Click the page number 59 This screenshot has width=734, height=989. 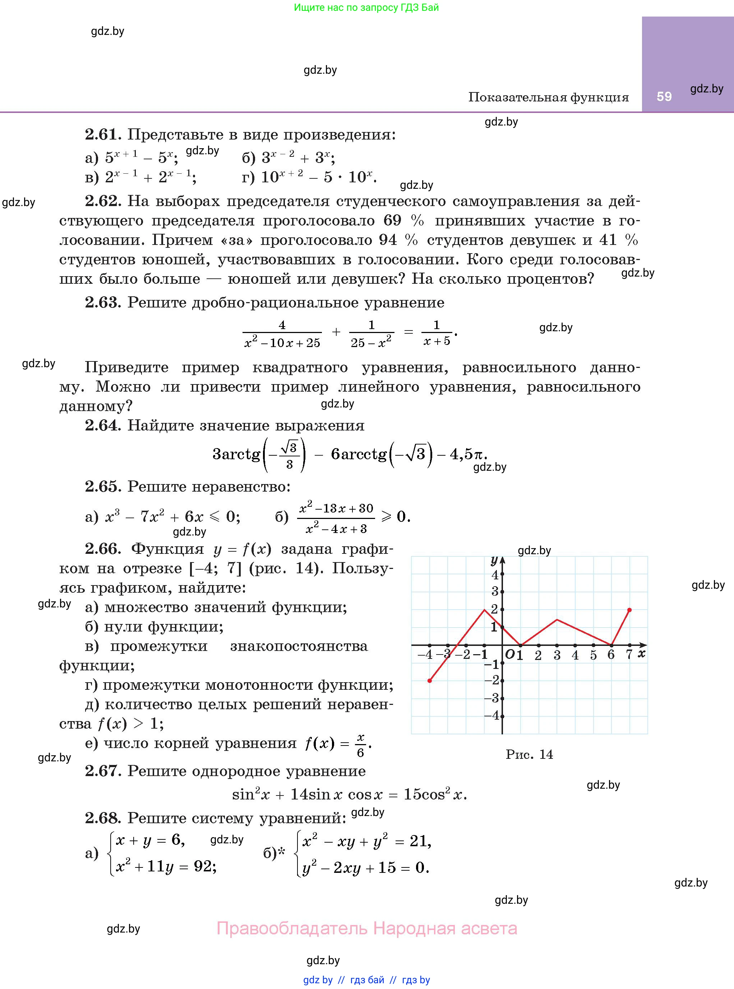coord(664,96)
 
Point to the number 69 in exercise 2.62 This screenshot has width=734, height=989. coord(392,220)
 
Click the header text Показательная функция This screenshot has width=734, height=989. coord(548,97)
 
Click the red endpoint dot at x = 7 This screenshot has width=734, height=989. coord(629,610)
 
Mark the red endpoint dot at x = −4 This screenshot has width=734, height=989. coord(430,681)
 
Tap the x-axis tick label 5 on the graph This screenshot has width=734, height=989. coord(593,655)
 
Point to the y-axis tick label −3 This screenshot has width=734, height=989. coord(492,698)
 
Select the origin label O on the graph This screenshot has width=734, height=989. coord(509,654)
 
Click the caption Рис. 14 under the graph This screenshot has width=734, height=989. coord(529,755)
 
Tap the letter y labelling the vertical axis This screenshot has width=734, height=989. coord(494,560)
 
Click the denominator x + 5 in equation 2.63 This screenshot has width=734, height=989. coord(437,341)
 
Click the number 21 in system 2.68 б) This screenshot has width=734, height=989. coord(419,840)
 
